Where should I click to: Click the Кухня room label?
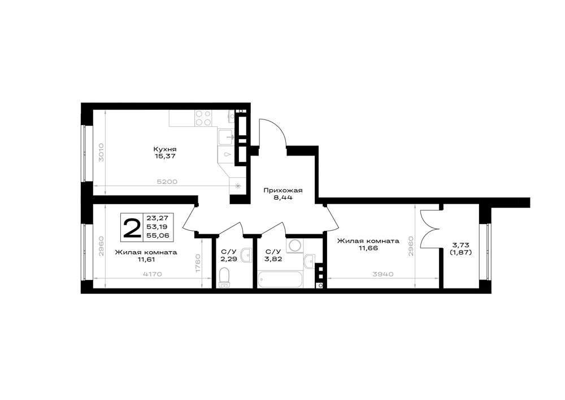point(164,149)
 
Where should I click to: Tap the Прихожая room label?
point(283,190)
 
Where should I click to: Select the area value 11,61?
point(146,259)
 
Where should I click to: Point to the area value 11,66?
point(368,248)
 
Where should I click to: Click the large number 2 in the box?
point(132,227)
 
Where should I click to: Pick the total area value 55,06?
point(158,235)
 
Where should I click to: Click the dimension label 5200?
point(168,182)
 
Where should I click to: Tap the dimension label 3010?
point(101,152)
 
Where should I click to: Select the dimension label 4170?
point(153,274)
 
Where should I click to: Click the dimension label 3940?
point(383,274)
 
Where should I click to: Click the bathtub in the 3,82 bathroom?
point(280,280)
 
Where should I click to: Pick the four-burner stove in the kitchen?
point(203,118)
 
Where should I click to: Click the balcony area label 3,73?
point(460,246)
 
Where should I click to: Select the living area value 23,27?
point(158,217)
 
